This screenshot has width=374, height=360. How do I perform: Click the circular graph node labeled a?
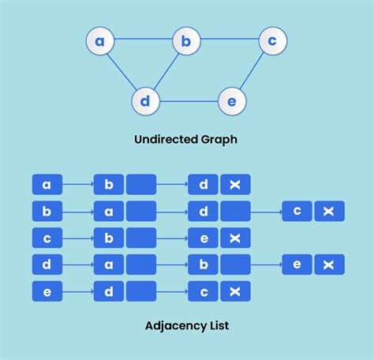point(100,41)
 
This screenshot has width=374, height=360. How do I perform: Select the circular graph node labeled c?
point(272,40)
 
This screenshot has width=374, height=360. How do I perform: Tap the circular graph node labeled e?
point(231,101)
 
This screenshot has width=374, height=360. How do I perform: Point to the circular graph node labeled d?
point(145,101)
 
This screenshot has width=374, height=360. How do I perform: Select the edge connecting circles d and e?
point(188,101)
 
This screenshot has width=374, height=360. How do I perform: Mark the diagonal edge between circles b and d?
point(166,71)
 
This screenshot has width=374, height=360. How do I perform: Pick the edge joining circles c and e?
point(252,71)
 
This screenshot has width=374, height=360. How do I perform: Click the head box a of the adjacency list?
point(47,185)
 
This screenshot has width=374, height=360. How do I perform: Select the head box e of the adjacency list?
point(47,291)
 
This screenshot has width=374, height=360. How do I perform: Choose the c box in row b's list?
point(297,211)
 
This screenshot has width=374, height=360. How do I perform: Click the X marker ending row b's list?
point(329,211)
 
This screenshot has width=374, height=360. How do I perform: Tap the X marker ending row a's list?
point(235,185)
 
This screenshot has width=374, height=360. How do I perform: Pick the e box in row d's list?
point(297,264)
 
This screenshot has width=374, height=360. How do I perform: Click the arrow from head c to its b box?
point(77,238)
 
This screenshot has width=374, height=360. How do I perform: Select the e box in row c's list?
point(203,238)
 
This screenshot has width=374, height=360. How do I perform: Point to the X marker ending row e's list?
point(235,291)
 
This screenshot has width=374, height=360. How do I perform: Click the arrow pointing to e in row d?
point(266,264)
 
